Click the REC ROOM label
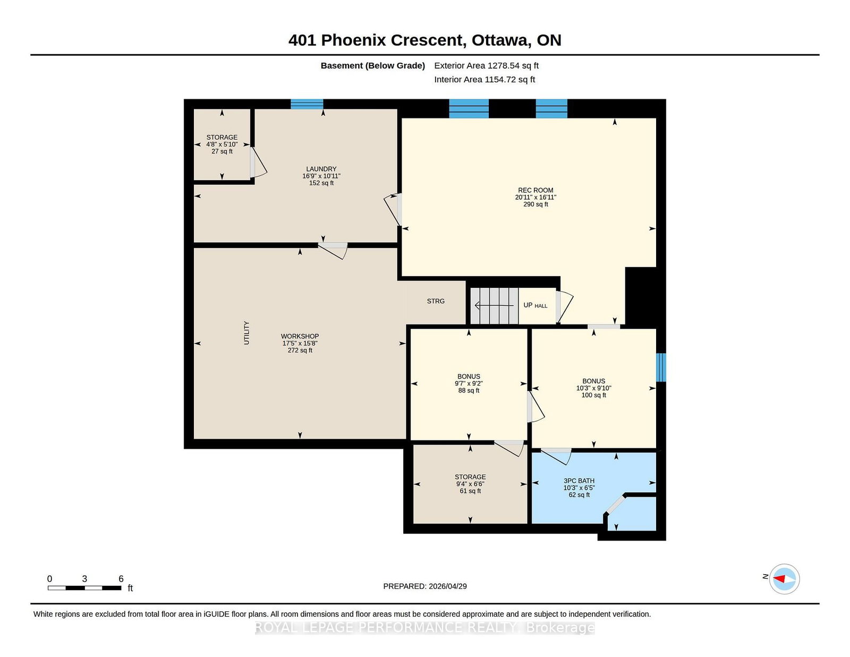535,191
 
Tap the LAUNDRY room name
321,169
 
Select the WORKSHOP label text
300,336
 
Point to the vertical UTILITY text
246,333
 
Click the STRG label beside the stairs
436,301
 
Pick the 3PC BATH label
579,481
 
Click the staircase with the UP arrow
494,306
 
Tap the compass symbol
784,579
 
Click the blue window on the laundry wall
307,104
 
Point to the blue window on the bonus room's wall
661,368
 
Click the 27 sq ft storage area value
222,151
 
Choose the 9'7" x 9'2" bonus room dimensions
469,383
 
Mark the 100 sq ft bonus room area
593,395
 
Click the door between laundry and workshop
333,251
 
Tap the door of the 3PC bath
556,456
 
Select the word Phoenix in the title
354,40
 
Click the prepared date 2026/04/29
447,586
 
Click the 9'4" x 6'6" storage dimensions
470,484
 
